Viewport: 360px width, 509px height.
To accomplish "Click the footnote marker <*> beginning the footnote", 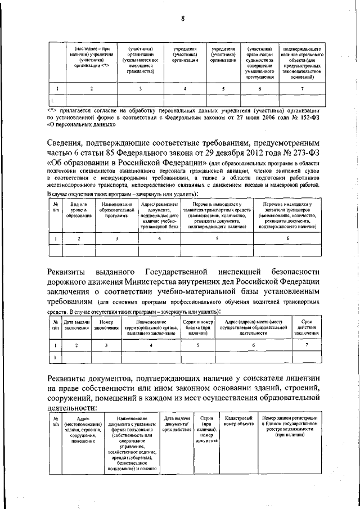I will coord(52,111).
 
